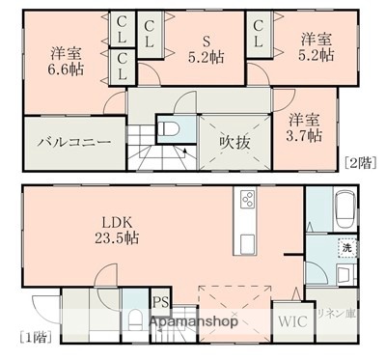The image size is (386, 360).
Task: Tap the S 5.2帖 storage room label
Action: click(x=205, y=47)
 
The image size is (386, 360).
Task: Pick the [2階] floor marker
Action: click(x=358, y=161)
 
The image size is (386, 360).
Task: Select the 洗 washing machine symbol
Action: click(x=345, y=248)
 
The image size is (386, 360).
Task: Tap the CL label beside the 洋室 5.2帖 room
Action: click(x=259, y=42)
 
